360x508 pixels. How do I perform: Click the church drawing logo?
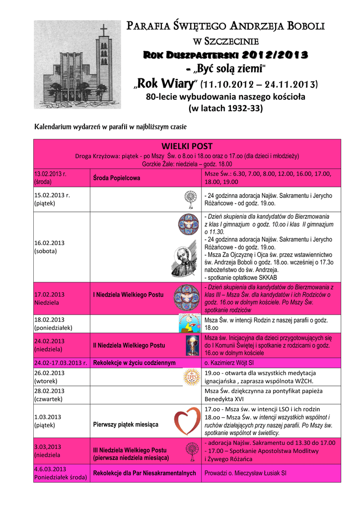point(77,64)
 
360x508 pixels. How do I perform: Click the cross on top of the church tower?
point(103,30)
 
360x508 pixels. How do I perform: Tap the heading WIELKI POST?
point(187,146)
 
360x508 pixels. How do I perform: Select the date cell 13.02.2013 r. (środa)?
point(51,178)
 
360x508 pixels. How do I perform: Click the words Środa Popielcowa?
point(117,178)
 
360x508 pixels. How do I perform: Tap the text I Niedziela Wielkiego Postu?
point(128,295)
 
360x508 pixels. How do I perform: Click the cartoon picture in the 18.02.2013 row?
point(189,323)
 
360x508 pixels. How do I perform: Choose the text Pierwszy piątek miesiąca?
point(126,425)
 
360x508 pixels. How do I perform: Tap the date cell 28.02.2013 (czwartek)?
point(49,394)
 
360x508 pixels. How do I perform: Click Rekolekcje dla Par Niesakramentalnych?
point(144,473)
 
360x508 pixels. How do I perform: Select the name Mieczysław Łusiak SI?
point(259,473)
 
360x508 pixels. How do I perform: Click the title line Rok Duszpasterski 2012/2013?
point(225,54)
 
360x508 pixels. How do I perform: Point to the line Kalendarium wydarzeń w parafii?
point(110,127)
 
